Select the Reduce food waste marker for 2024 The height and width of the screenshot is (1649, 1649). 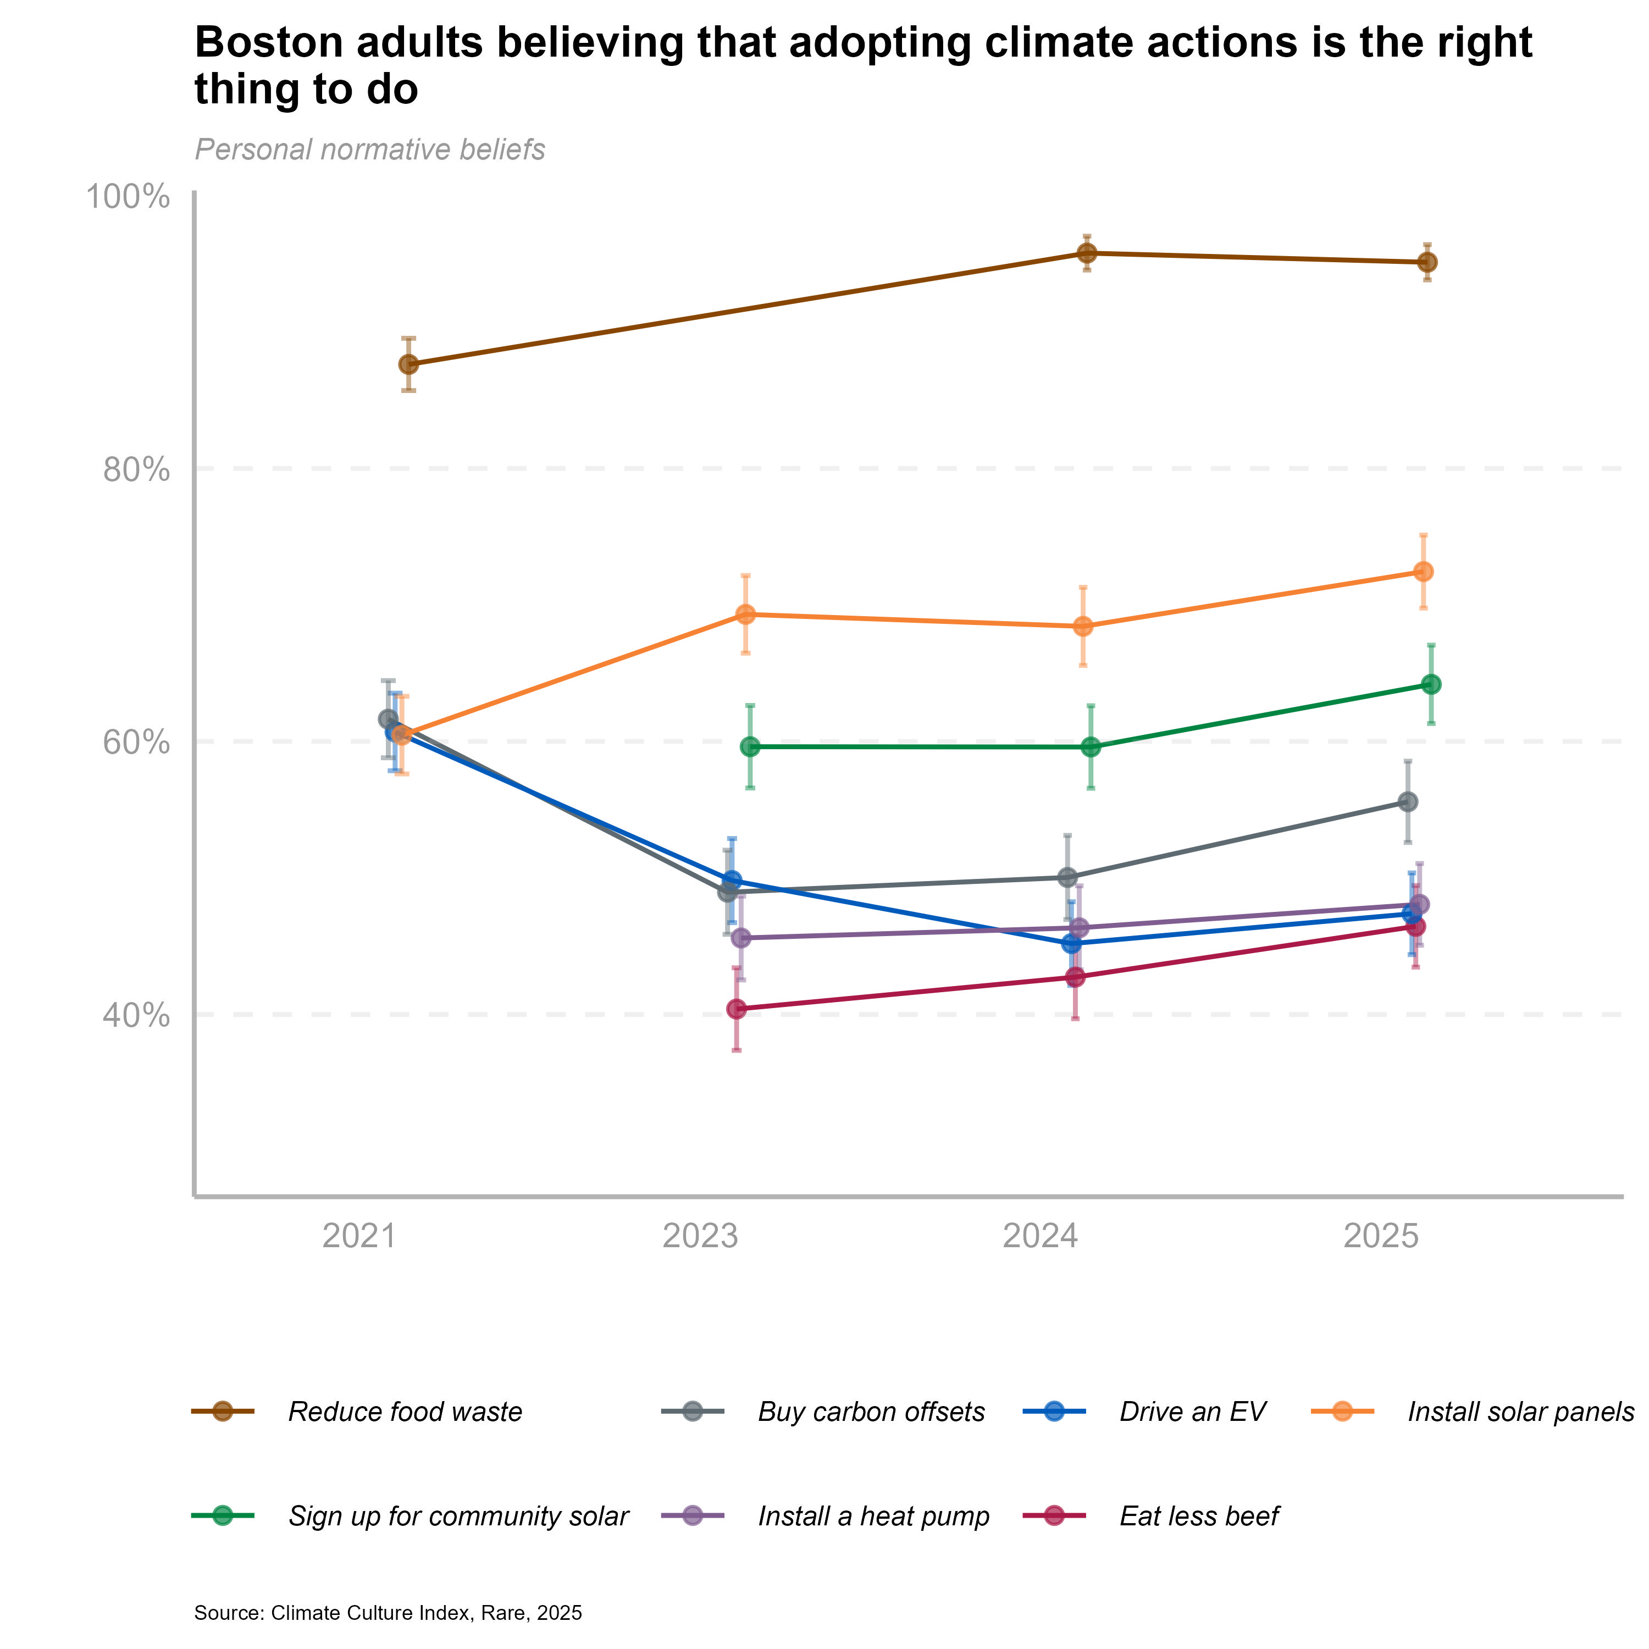[1087, 253]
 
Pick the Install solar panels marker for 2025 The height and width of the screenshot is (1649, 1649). [1424, 572]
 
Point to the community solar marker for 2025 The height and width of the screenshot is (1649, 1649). [1431, 684]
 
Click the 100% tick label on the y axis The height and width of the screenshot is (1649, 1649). [127, 197]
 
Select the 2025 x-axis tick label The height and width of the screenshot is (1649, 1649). [1381, 1236]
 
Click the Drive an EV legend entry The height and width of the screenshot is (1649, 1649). [1192, 1412]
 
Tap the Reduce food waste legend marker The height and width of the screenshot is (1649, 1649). [223, 1411]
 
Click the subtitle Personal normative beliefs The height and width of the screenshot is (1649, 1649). [369, 150]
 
